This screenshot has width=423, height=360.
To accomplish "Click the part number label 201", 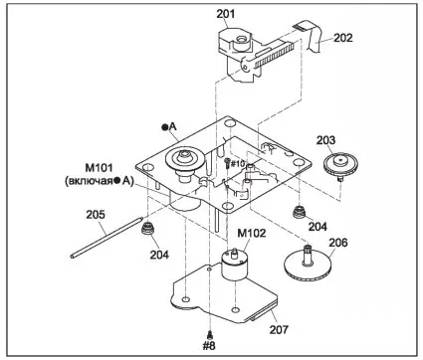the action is coord(226,14).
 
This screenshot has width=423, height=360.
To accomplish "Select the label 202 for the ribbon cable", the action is coord(343,38).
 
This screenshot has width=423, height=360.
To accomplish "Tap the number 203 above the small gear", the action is coord(325,140).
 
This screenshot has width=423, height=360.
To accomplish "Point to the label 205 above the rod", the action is coord(96,215).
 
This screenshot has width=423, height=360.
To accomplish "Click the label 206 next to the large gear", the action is coord(338,243).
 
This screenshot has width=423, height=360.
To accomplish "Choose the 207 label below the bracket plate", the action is coord(279,330).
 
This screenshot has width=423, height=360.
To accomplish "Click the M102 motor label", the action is coord(252,234).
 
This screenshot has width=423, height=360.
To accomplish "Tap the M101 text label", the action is coord(100,168).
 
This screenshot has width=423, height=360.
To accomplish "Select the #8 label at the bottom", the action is coord(209,346).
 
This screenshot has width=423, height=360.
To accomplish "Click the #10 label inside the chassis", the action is coord(238,163).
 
